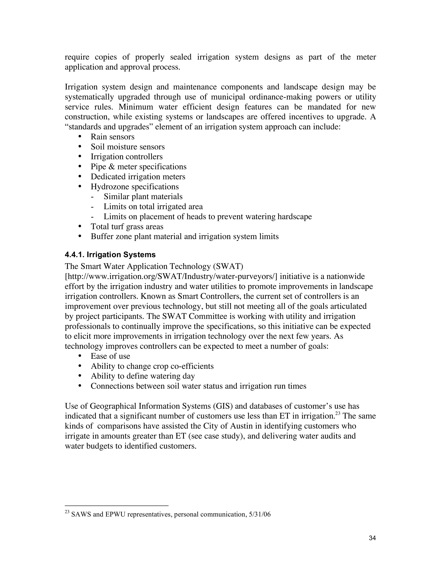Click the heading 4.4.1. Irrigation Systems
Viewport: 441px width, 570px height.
pos(110,254)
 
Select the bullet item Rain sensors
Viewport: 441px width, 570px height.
pos(112,137)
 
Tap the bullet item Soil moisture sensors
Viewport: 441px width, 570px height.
pos(127,147)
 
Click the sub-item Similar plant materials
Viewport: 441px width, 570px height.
pos(143,197)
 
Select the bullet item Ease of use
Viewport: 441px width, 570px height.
pos(110,356)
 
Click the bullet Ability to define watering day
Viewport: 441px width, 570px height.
pos(143,376)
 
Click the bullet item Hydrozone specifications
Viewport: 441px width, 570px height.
pos(135,187)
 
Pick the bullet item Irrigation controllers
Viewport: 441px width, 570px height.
pos(126,157)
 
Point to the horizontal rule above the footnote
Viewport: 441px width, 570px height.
pos(116,506)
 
